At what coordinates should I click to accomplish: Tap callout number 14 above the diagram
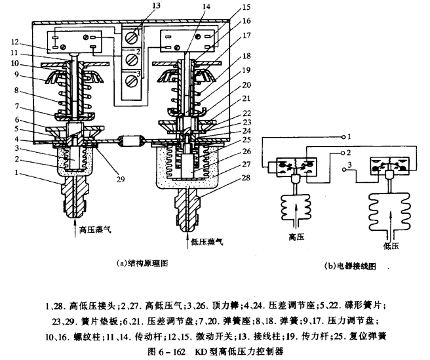tap(189, 9)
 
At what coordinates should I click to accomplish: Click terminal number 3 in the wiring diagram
tap(351, 165)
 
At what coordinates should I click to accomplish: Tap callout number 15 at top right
tap(246, 9)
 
